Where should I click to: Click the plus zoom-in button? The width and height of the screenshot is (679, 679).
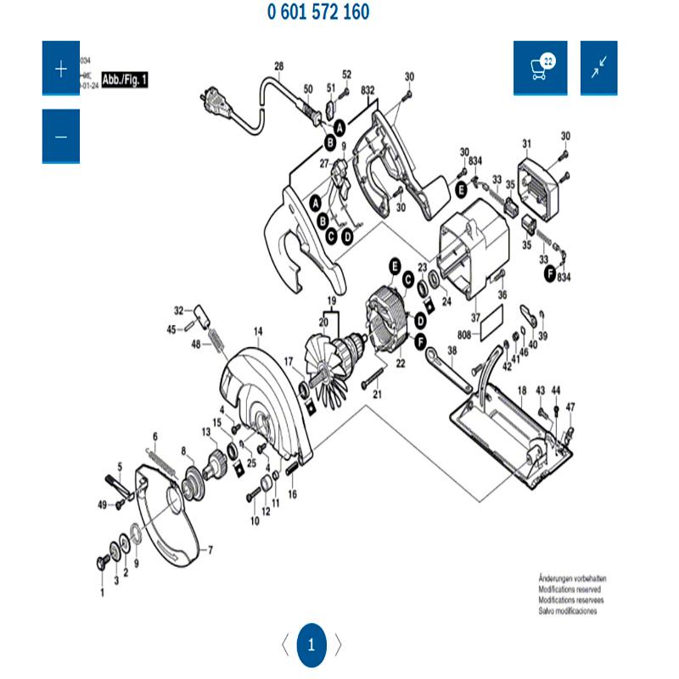point(61,69)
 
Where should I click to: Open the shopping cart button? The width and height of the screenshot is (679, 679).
point(540,68)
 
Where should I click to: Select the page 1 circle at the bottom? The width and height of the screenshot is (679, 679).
point(311,644)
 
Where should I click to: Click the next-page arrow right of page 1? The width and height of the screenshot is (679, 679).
point(338,644)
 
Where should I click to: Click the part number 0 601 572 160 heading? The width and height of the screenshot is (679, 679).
point(318,13)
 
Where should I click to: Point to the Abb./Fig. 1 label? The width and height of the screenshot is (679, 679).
point(125,81)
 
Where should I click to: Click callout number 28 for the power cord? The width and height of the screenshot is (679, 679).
point(278,66)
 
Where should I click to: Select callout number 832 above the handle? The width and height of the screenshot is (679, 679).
point(368,90)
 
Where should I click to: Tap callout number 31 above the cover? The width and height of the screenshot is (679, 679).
point(526,143)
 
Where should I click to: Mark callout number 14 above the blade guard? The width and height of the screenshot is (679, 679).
point(258,331)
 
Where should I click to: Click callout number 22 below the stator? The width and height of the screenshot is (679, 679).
point(401,363)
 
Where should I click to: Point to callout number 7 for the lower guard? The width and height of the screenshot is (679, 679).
point(210,550)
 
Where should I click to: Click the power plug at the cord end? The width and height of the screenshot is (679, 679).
point(212,104)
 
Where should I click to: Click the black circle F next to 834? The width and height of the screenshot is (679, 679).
point(550,272)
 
